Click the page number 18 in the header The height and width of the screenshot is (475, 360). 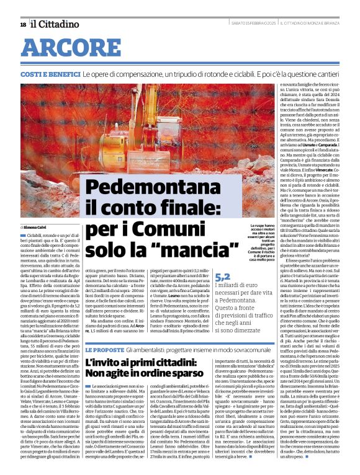pos(23,24)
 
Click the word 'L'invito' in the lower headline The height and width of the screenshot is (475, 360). pos(102,345)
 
